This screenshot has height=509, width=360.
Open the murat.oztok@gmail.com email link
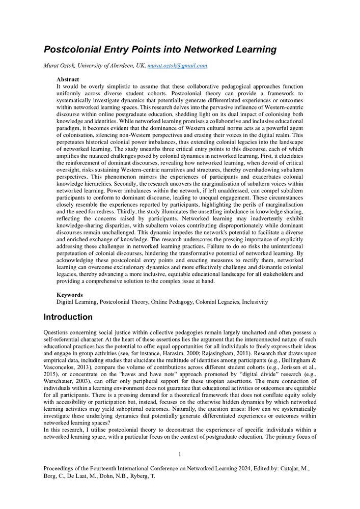click(x=177, y=66)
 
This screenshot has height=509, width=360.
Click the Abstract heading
click(x=68, y=80)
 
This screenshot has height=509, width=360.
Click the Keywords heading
click(x=69, y=295)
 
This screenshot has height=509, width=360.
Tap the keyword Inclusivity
click(x=254, y=302)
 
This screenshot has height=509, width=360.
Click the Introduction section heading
click(x=68, y=317)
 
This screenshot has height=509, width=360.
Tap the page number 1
click(x=180, y=454)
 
